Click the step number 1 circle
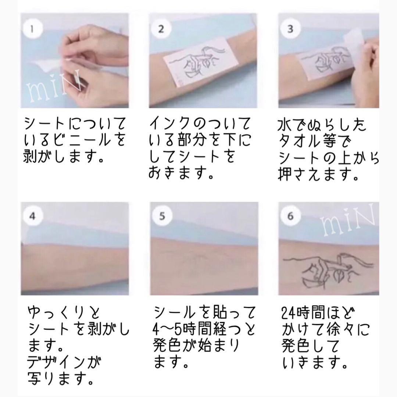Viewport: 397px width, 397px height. [32, 29]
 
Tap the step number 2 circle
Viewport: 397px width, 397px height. [161, 29]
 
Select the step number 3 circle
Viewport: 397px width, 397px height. [290, 29]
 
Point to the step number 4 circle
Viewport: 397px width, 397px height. [32, 216]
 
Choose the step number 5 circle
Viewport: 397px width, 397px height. [162, 216]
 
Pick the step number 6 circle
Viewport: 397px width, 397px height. [290, 216]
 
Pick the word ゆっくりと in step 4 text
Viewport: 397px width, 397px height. [63, 313]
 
